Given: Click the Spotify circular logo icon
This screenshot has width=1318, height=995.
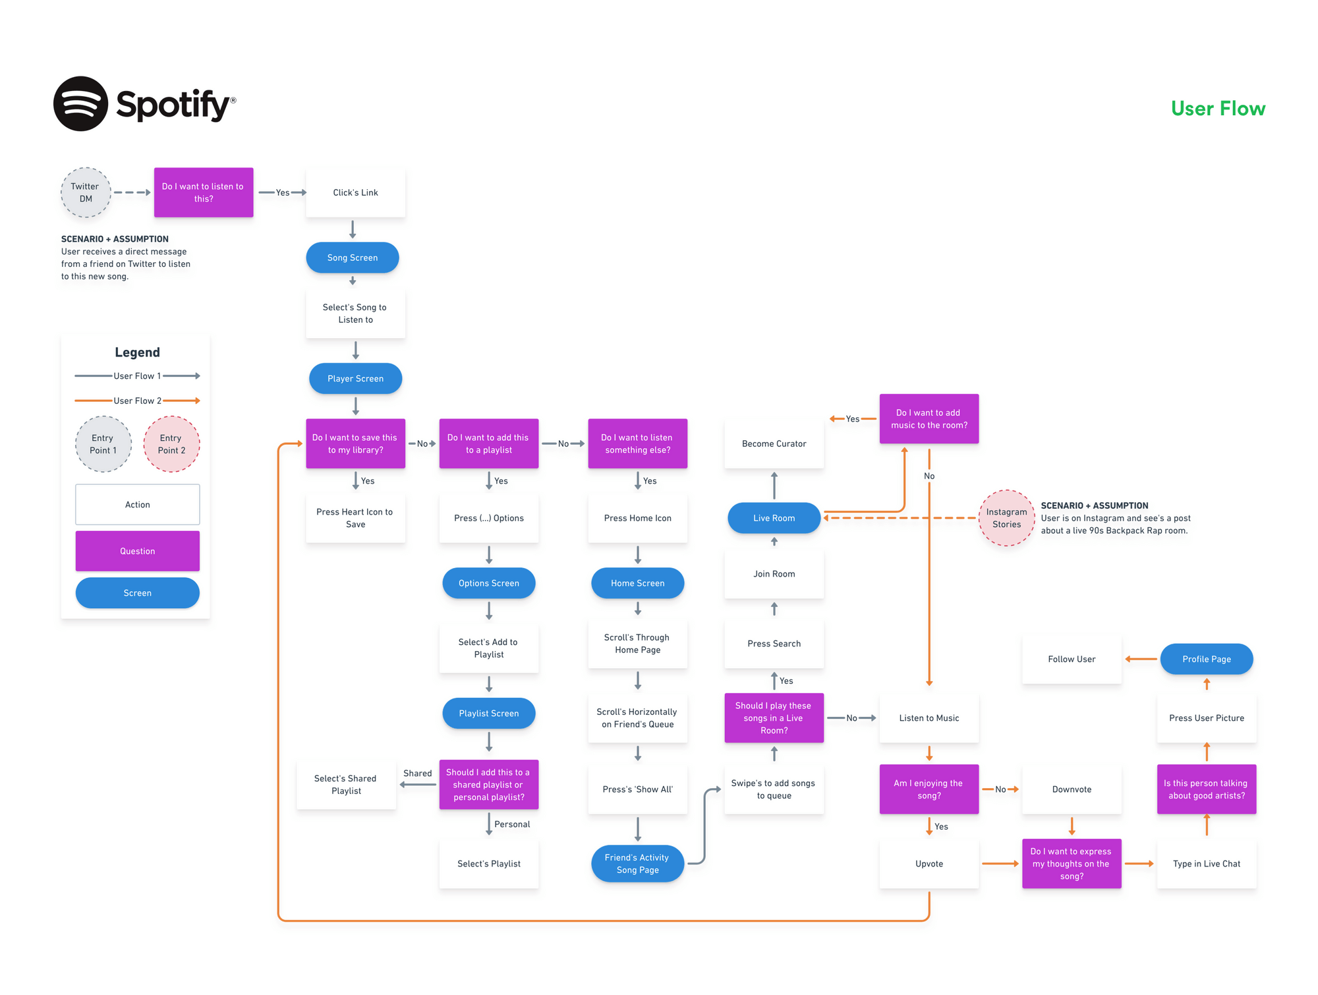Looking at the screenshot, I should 80,104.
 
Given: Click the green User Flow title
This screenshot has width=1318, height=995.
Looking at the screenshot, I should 1218,109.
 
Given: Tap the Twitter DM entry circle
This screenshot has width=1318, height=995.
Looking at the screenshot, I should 86,192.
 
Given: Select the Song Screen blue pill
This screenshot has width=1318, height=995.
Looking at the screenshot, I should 353,258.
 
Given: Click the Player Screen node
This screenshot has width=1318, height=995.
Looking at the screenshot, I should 355,379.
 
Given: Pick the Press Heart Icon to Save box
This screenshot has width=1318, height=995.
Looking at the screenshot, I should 355,518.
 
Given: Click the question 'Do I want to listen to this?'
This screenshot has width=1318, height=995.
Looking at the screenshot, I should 203,192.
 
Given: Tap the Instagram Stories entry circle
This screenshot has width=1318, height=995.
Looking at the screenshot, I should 1006,518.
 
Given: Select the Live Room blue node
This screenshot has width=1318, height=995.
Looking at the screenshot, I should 774,518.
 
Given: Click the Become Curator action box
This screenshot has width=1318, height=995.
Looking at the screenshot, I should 774,444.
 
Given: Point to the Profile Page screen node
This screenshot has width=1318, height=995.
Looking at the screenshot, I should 1206,659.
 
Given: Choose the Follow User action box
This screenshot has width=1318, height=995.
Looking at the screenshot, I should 1072,659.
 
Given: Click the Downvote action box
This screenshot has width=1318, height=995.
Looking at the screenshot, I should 1072,789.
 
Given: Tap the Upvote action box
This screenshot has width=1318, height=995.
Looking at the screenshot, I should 929,864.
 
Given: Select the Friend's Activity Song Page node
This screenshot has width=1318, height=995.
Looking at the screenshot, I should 637,864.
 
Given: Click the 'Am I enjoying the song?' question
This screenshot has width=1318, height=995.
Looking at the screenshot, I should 929,789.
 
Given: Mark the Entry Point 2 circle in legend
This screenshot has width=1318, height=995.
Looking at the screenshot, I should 171,444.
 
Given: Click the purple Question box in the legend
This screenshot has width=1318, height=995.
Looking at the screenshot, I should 137,551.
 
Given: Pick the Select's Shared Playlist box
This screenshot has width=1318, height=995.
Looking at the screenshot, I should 346,785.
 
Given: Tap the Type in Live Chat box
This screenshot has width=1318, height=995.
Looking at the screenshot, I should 1206,864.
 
